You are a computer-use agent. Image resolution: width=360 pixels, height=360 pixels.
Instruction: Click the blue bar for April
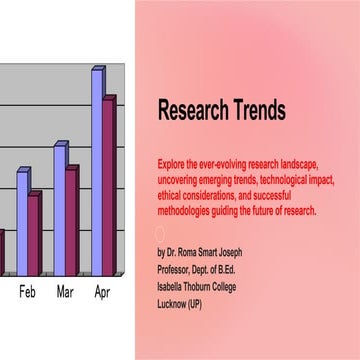point(97,170)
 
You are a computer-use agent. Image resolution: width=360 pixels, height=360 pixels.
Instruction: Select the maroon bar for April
point(109,185)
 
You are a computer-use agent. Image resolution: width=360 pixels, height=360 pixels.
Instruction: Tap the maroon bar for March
point(71,221)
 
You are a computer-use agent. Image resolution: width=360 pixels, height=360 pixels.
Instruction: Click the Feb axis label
point(28,293)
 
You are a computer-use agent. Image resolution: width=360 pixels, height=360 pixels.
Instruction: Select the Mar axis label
point(65,293)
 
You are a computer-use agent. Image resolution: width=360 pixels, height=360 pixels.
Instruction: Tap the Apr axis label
point(102,293)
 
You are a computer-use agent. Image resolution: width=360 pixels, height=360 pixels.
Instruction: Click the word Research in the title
point(191,110)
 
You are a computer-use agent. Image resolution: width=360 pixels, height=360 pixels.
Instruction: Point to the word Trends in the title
point(256,110)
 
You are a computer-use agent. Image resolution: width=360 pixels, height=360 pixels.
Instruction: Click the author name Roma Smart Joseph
point(213,252)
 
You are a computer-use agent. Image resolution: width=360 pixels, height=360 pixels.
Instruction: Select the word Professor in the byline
point(175,267)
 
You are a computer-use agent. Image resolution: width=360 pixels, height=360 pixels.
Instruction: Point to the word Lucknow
point(174,299)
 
